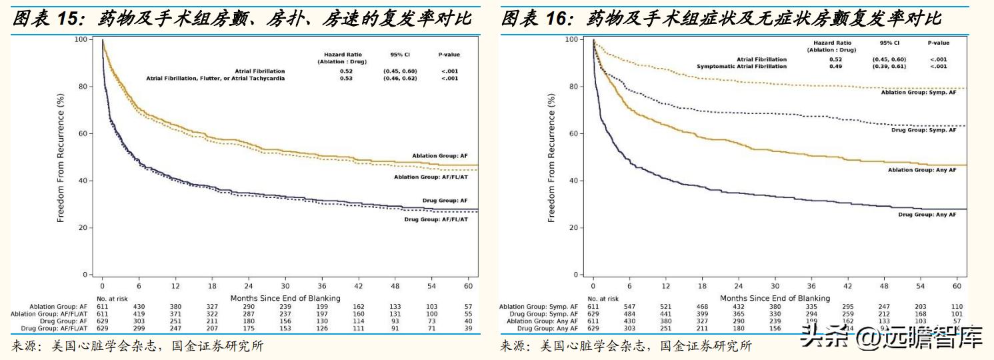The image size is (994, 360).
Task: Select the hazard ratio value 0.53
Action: (x=346, y=78)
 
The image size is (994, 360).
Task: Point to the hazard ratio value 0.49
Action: (x=836, y=67)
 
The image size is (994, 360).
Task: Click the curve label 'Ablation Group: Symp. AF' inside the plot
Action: (x=919, y=92)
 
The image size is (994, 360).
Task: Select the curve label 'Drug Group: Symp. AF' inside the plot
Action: (x=924, y=130)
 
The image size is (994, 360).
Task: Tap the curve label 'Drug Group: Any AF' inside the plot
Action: (x=927, y=214)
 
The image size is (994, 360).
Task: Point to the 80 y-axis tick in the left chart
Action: (x=83, y=86)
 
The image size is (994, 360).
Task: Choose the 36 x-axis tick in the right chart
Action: (x=811, y=285)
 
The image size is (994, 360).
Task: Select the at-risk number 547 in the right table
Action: (x=629, y=307)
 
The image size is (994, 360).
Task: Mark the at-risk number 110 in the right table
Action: (x=957, y=307)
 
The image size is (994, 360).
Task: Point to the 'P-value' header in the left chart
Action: (x=449, y=55)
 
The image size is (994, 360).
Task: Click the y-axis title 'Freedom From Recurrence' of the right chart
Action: (x=551, y=157)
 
